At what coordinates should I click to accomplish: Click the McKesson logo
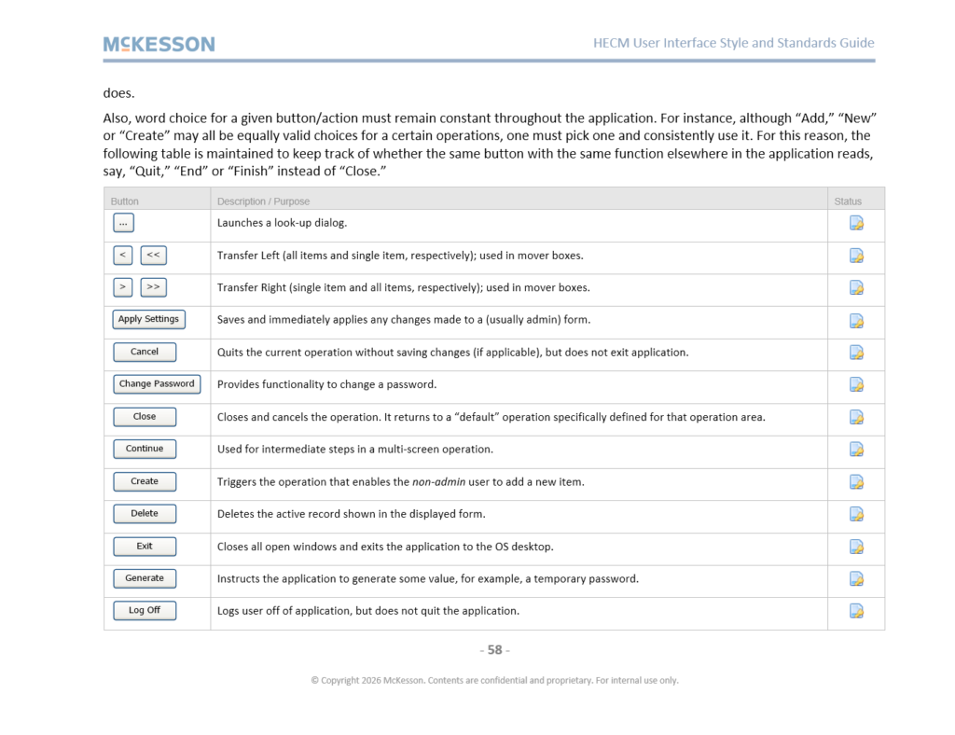[159, 44]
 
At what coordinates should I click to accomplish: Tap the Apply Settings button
[148, 319]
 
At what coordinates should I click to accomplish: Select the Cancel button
[145, 352]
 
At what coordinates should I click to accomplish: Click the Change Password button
[157, 383]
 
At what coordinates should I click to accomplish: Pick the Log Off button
[145, 610]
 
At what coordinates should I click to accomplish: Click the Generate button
[145, 578]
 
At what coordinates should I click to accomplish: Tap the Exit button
[145, 547]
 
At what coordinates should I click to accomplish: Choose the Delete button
[145, 513]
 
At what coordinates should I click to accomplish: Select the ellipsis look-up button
[123, 223]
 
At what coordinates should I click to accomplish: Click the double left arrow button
[153, 255]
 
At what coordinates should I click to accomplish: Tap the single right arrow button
[123, 287]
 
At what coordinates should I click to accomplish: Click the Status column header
[848, 201]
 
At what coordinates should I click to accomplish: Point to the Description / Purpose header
[263, 201]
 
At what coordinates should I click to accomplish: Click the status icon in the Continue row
[856, 450]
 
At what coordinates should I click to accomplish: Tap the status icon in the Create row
[856, 482]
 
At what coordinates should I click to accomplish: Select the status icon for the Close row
[856, 417]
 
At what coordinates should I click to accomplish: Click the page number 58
[494, 649]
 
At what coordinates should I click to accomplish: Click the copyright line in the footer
[494, 680]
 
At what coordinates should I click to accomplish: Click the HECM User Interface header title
[733, 43]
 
